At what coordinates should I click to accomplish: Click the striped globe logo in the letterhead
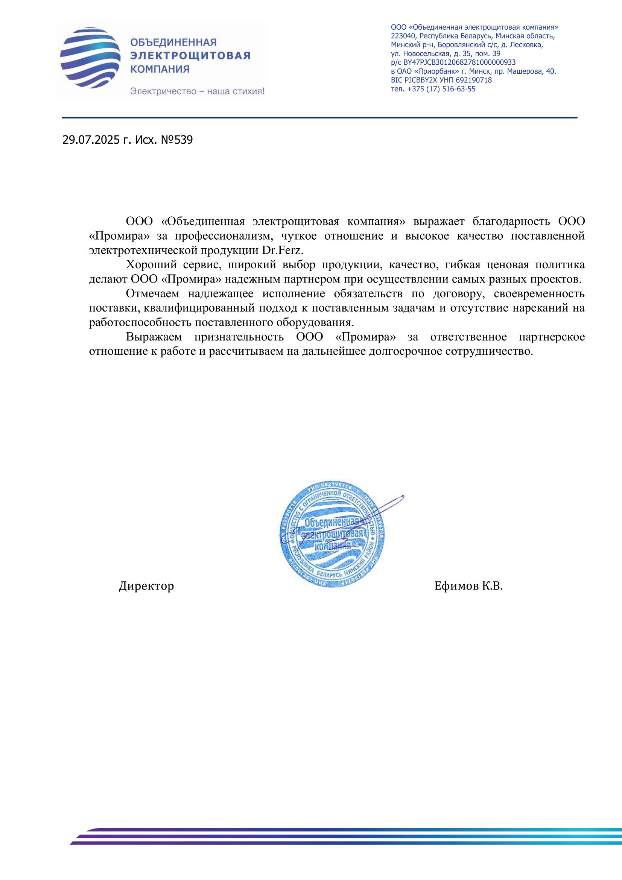pyautogui.click(x=90, y=58)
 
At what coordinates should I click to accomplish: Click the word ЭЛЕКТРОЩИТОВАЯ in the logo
pyautogui.click(x=190, y=56)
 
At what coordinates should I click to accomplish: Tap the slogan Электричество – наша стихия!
pyautogui.click(x=197, y=91)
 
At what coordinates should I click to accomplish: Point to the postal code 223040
pyautogui.click(x=403, y=36)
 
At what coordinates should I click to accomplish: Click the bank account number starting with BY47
pyautogui.click(x=459, y=62)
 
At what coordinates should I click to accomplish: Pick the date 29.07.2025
pyautogui.click(x=91, y=140)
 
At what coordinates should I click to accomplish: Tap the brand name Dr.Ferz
pyautogui.click(x=283, y=250)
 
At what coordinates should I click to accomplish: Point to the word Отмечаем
pyautogui.click(x=152, y=293)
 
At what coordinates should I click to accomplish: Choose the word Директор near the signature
pyautogui.click(x=146, y=586)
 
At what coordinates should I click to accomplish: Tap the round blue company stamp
pyautogui.click(x=332, y=535)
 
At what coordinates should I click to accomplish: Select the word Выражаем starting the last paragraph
pyautogui.click(x=154, y=337)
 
